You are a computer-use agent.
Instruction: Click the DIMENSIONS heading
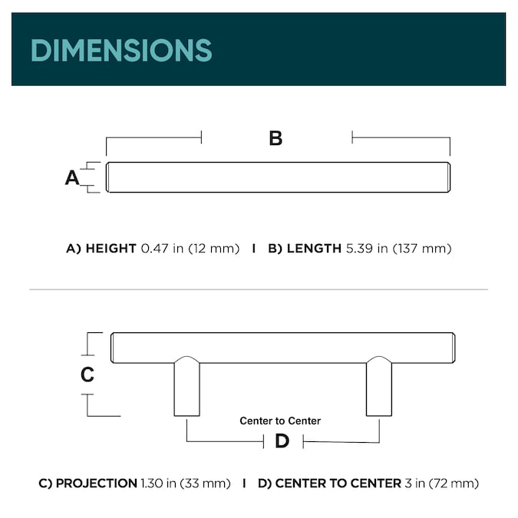pos(121,50)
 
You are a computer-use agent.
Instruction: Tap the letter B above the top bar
pos(275,138)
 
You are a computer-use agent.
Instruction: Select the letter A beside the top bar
pos(72,178)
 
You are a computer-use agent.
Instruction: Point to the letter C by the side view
pos(87,374)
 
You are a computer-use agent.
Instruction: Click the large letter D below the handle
pos(282,441)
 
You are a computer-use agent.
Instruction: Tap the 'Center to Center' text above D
pos(280,421)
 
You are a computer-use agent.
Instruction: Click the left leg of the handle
pos(187,387)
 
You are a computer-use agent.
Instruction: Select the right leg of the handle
pos(379,387)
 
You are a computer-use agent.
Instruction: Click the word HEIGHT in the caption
pos(111,249)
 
